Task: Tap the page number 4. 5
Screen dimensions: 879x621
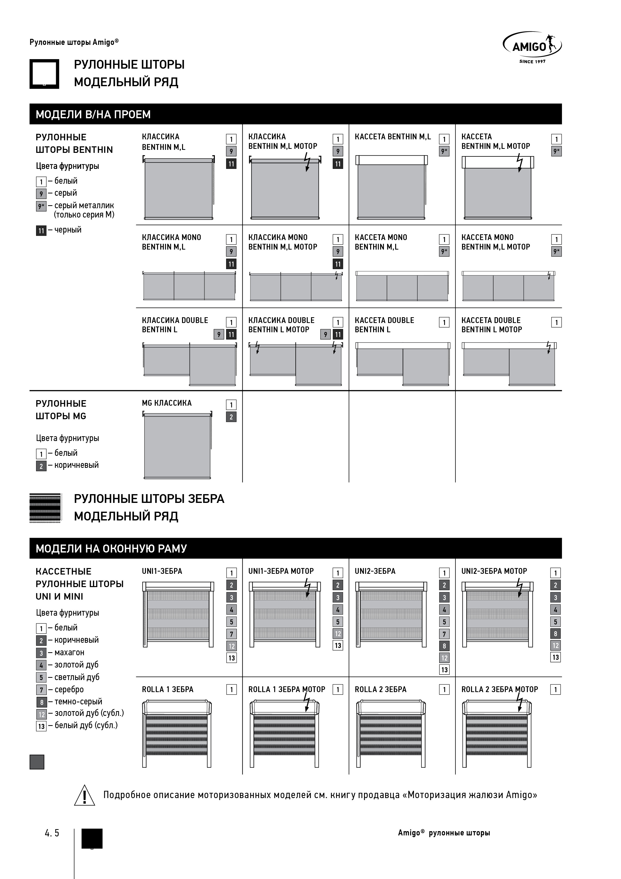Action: [52, 833]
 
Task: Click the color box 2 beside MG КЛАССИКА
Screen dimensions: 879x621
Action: [231, 417]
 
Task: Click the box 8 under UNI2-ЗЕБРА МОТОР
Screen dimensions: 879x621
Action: [556, 634]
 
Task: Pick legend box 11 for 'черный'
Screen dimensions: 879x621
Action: [41, 231]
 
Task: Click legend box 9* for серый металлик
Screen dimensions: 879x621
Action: [41, 206]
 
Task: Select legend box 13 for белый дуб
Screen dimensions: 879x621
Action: [41, 726]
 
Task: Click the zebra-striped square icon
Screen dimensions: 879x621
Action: [45, 508]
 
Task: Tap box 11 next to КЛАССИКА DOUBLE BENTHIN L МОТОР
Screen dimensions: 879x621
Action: [338, 334]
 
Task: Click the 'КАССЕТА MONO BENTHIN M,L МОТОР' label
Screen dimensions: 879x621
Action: [496, 242]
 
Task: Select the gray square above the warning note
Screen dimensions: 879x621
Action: [37, 762]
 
